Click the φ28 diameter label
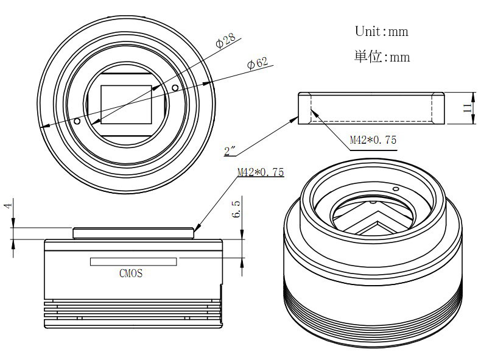click(x=226, y=40)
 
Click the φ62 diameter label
click(x=258, y=63)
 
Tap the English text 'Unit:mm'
click(x=382, y=31)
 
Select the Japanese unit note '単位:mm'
click(x=382, y=57)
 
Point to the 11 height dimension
click(x=467, y=108)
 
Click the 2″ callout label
click(x=230, y=150)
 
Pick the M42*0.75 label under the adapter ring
click(x=373, y=140)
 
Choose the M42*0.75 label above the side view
click(x=261, y=172)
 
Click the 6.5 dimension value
click(x=236, y=209)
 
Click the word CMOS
click(x=131, y=273)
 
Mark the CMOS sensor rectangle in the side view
click(x=133, y=262)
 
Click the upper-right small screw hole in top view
click(x=175, y=88)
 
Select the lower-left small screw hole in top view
click(x=77, y=121)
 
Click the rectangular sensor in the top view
click(x=126, y=105)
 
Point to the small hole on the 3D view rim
click(x=396, y=189)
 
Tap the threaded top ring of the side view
click(x=133, y=233)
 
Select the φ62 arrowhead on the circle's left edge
click(x=46, y=125)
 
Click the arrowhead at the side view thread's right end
click(x=197, y=227)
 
